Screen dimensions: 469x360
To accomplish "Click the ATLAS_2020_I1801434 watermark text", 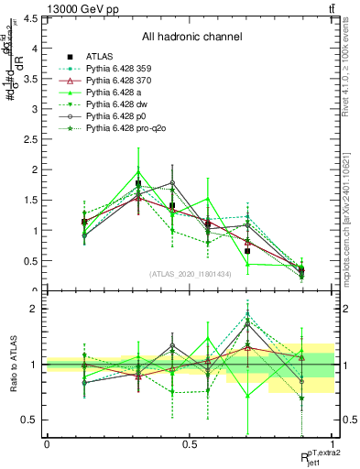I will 191,274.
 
